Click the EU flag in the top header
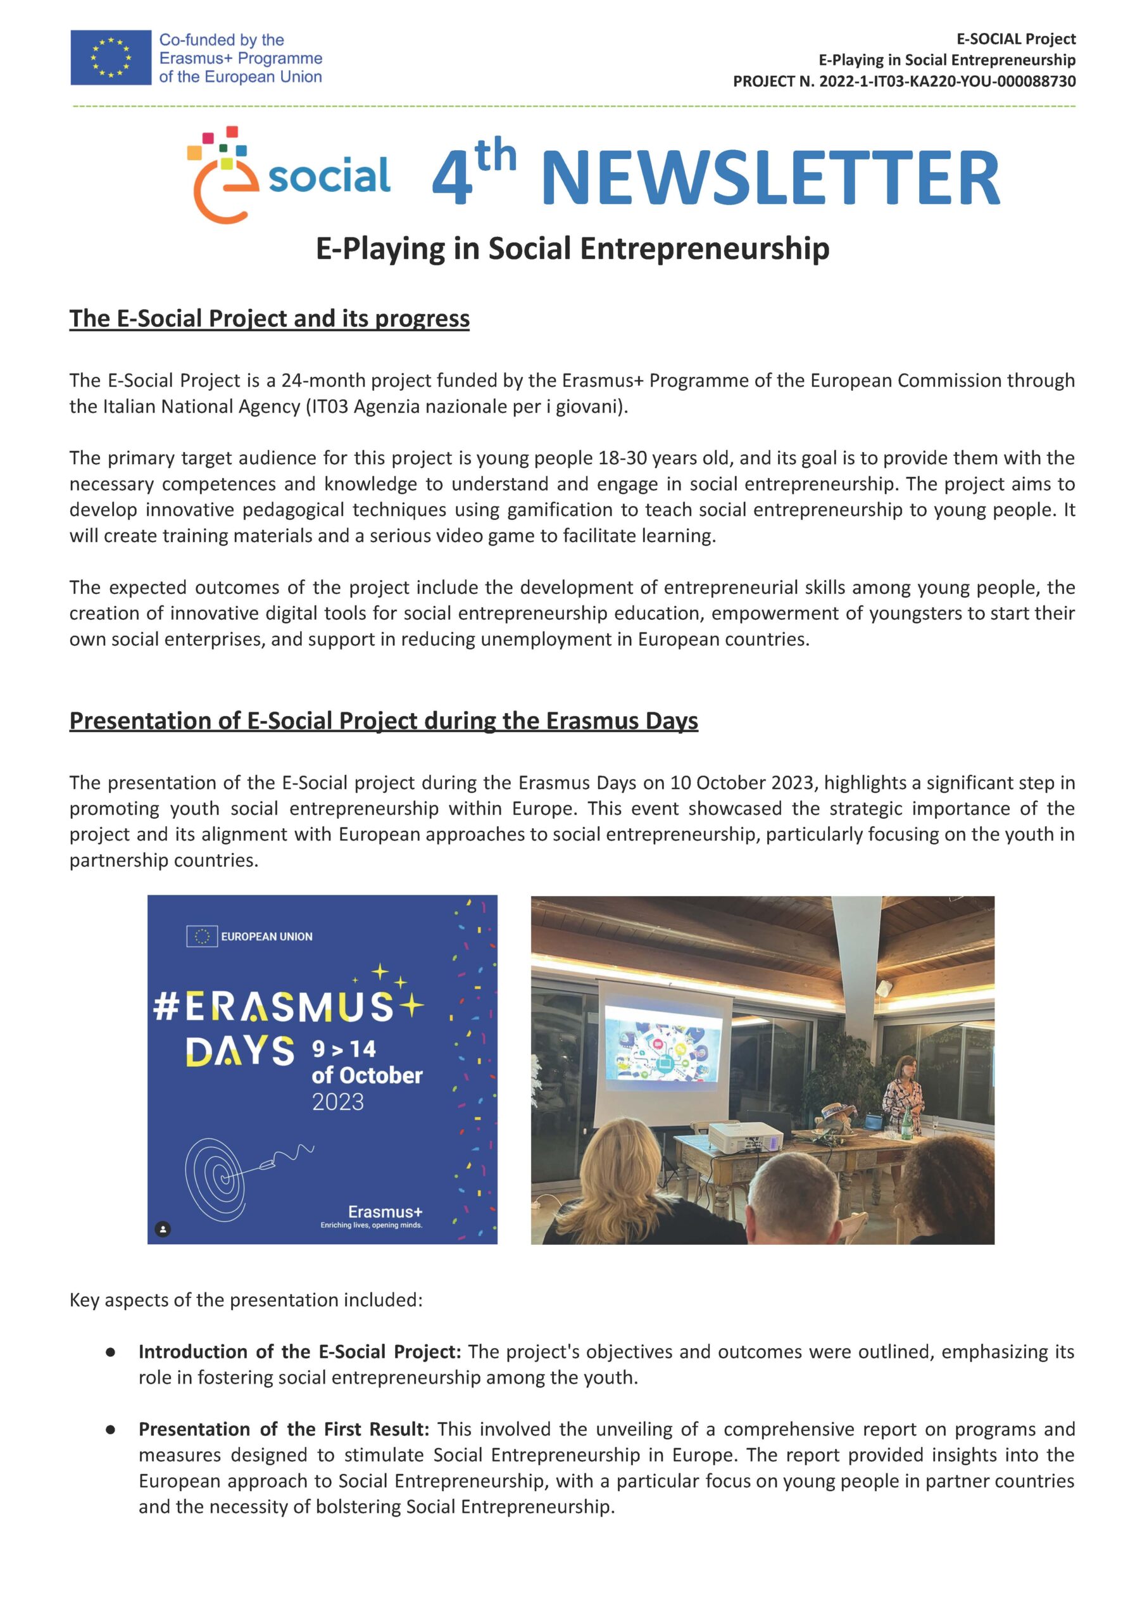110,57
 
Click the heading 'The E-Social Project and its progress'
269,319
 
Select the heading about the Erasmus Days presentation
384,721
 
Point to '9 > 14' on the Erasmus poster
344,1050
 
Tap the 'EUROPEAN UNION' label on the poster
266,937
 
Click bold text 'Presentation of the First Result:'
284,1429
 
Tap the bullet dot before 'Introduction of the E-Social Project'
110,1352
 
